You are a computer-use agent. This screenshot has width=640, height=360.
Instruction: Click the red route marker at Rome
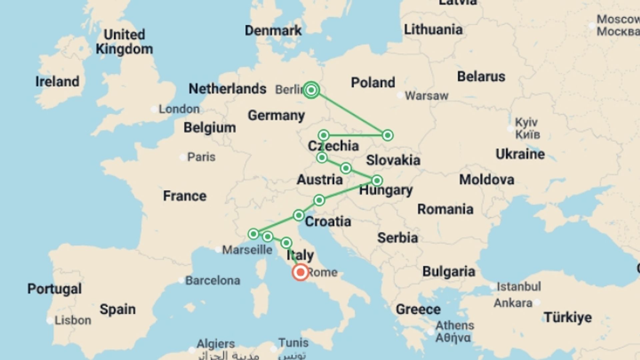[300, 272]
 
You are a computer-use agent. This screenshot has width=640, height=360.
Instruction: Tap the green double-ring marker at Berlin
[311, 90]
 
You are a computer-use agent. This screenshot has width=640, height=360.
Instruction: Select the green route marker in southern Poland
[387, 135]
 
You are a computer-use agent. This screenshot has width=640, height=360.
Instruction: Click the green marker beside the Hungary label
[377, 181]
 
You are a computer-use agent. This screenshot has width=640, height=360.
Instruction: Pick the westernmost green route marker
[253, 234]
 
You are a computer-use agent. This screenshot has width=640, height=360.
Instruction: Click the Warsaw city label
[426, 96]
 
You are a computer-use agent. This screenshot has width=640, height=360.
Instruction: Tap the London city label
[179, 109]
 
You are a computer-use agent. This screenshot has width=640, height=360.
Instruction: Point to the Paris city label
[201, 157]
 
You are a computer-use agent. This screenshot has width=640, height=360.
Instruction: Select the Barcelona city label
[212, 281]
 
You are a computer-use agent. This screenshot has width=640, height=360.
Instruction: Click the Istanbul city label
[519, 287]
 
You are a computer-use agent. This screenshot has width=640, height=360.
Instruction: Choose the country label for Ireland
[57, 82]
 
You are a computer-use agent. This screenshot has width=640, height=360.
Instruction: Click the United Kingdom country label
[124, 42]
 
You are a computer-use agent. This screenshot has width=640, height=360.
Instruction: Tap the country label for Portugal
[54, 289]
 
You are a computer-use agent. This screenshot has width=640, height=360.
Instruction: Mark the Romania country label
[445, 209]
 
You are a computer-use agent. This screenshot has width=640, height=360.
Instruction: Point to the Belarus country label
[481, 77]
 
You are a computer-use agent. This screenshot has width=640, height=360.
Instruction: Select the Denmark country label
[273, 31]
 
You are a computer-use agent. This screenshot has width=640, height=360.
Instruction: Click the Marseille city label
[247, 250]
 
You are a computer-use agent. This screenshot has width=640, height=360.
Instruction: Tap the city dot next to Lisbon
[50, 321]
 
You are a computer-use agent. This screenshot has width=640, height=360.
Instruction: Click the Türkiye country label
[568, 317]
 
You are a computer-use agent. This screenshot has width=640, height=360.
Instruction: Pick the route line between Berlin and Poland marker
[349, 113]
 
